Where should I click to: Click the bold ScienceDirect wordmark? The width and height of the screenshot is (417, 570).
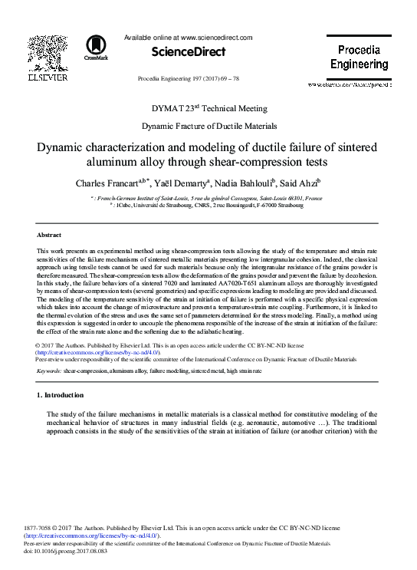click(x=189, y=51)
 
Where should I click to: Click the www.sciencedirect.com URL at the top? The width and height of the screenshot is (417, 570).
click(x=216, y=36)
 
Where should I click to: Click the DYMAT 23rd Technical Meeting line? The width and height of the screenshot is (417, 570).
click(x=208, y=108)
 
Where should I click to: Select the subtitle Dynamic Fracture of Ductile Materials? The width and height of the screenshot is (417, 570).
click(x=208, y=125)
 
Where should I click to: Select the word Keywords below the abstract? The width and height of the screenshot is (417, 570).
click(x=49, y=371)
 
